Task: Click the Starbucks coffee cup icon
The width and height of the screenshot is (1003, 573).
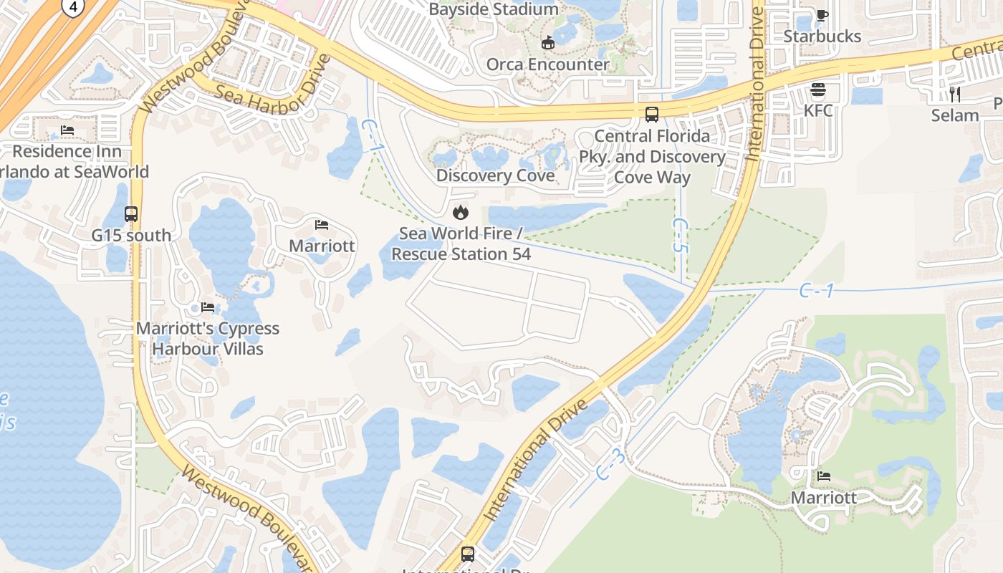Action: click(x=822, y=15)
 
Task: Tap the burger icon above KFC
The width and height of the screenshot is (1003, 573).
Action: click(x=817, y=90)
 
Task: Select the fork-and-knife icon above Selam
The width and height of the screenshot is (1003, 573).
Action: click(x=955, y=94)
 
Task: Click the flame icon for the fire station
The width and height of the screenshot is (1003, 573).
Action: click(x=460, y=212)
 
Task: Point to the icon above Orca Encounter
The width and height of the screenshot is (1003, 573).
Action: click(x=548, y=43)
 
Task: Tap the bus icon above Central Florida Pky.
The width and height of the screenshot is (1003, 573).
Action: click(x=652, y=115)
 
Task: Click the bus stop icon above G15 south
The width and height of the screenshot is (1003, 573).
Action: click(x=131, y=213)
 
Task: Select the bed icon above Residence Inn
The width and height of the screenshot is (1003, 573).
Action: click(x=67, y=130)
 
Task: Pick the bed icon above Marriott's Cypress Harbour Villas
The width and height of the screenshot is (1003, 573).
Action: click(x=208, y=307)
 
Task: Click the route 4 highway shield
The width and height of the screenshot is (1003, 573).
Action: click(x=72, y=6)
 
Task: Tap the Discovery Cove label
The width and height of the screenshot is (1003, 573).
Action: click(x=495, y=175)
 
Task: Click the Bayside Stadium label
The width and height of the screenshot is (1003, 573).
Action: click(x=493, y=9)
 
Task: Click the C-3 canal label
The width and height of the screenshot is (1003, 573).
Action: click(x=610, y=464)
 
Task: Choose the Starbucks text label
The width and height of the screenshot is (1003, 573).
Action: click(x=822, y=36)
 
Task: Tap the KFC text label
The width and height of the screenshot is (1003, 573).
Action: click(x=817, y=111)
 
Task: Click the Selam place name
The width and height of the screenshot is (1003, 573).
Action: click(x=955, y=115)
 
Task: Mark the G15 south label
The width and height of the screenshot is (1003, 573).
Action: click(x=131, y=235)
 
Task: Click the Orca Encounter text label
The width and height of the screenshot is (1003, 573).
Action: click(x=548, y=64)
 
